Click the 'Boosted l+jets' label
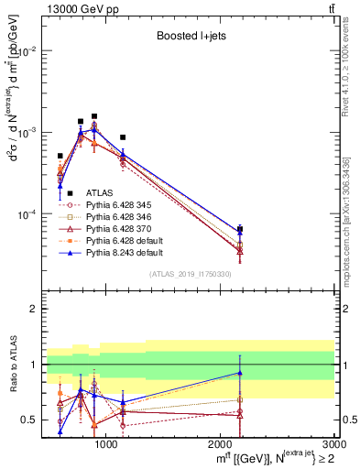pyautogui.click(x=191, y=38)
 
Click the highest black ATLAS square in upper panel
pyautogui.click(x=93, y=116)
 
